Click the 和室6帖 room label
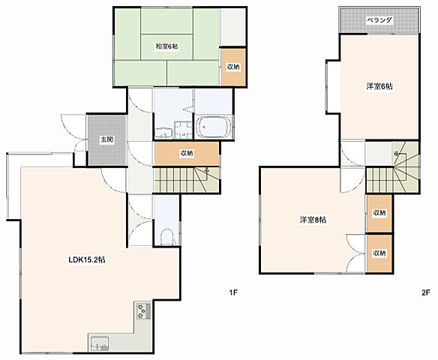(166, 46)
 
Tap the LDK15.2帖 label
(87, 259)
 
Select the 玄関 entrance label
(107, 139)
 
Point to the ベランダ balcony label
(379, 19)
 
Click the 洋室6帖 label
(379, 86)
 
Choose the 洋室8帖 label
(313, 220)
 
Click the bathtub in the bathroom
(214, 127)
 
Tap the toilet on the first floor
(167, 238)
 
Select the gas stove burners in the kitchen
(142, 311)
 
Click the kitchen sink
(99, 343)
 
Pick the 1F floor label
(233, 292)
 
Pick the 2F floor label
(426, 292)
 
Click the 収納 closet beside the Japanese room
(233, 67)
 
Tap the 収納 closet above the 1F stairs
(187, 153)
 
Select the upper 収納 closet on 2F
(379, 213)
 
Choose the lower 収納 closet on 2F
(379, 253)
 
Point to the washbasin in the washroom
(163, 133)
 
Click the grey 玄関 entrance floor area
(107, 140)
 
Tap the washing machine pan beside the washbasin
(183, 130)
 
